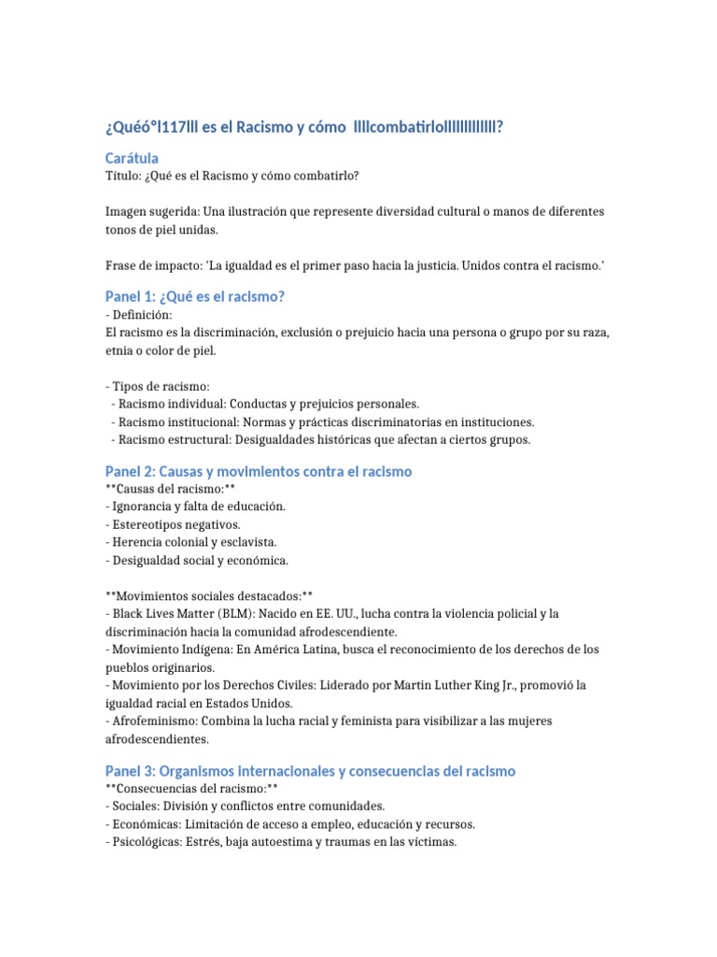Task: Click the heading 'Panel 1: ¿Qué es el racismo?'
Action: click(194, 296)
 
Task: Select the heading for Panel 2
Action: click(259, 471)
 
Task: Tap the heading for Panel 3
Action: click(310, 771)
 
